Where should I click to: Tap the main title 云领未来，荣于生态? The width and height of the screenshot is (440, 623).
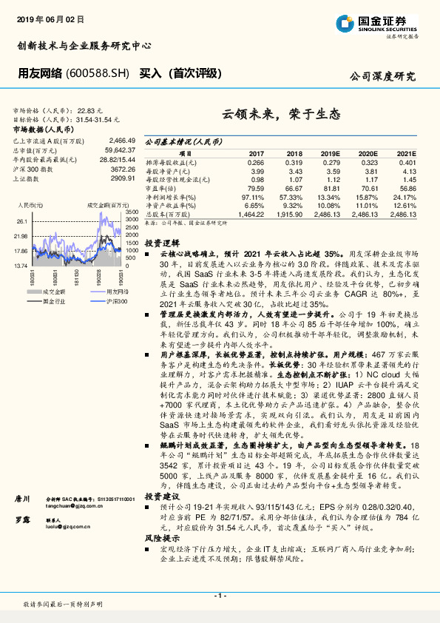(x=281, y=115)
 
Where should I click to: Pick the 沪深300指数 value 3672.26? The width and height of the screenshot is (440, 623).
(x=121, y=169)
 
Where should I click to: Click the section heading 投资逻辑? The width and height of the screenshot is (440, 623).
(x=159, y=243)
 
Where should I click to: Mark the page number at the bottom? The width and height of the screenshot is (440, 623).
(x=219, y=595)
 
